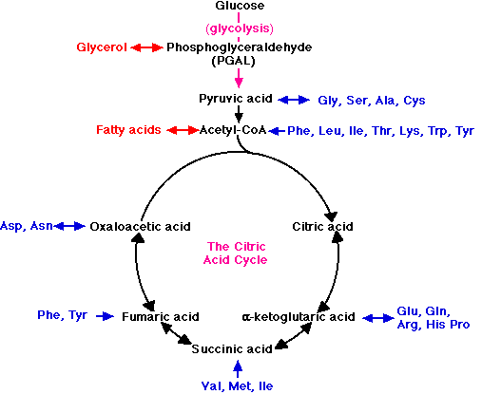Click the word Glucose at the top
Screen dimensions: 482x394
tap(240, 6)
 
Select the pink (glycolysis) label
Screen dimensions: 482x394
tap(240, 28)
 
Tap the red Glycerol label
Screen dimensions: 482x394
tap(102, 47)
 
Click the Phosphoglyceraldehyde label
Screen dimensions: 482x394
tap(240, 47)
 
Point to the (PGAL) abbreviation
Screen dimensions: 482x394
tap(233, 61)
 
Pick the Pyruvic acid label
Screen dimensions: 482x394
tap(236, 99)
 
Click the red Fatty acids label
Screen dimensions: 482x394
tap(128, 130)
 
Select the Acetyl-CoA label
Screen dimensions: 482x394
tap(233, 130)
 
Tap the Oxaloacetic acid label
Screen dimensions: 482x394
tap(140, 227)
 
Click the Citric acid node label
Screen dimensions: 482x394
tap(322, 227)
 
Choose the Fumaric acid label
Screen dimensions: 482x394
tap(161, 317)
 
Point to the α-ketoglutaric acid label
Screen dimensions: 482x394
tap(299, 317)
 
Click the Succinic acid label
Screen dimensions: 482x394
tap(232, 349)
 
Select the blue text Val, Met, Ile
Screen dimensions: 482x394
tap(237, 386)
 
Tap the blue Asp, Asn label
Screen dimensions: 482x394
tap(27, 226)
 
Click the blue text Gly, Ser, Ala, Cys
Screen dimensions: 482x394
tap(372, 101)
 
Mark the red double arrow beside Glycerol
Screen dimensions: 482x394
tap(146, 47)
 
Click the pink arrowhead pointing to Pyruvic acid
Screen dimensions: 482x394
tap(239, 83)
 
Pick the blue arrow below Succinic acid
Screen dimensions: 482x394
tap(238, 369)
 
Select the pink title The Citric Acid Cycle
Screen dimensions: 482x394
tap(236, 253)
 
